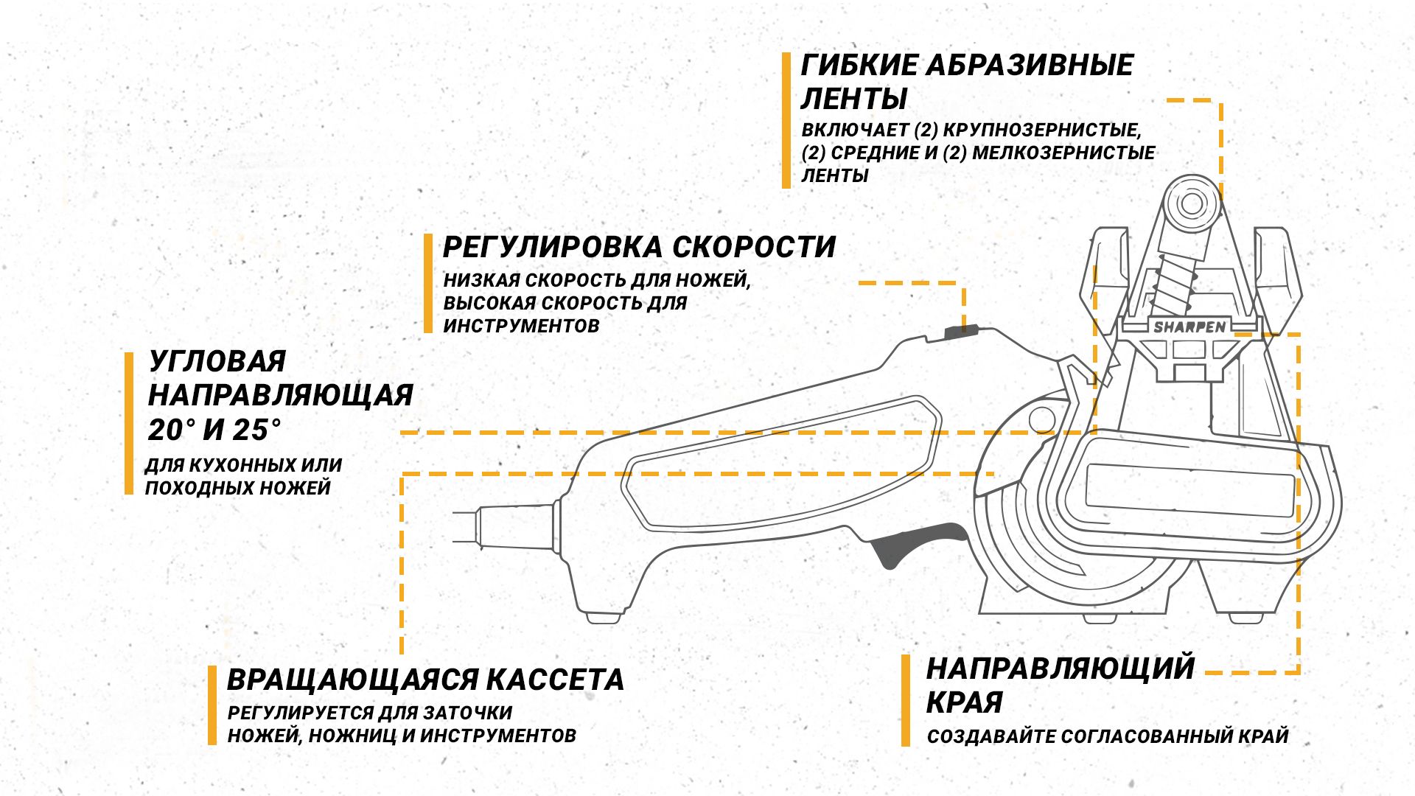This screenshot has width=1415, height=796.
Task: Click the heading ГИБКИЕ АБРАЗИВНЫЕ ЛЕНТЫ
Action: (x=967, y=81)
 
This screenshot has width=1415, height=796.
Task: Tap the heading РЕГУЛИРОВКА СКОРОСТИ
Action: (x=639, y=247)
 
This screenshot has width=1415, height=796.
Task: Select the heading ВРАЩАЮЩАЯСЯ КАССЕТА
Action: (x=425, y=680)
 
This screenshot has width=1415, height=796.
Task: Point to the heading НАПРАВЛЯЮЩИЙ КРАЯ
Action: (x=1060, y=685)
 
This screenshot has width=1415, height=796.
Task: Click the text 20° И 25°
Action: (x=214, y=430)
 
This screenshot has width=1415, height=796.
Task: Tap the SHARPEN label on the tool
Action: (x=1189, y=327)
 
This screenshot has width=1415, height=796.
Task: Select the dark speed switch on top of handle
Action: (x=961, y=331)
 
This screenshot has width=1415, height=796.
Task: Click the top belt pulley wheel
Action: (x=1190, y=203)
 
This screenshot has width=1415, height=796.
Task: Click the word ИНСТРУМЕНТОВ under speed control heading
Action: (x=521, y=326)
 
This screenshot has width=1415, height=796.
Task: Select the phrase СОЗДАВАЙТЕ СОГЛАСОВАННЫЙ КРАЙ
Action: (x=1108, y=736)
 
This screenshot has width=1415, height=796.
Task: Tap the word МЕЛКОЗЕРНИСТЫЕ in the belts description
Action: (x=1063, y=153)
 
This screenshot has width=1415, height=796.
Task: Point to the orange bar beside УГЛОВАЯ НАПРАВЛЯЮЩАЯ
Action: (x=129, y=423)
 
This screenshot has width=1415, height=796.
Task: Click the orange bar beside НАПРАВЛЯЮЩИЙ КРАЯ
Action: (x=906, y=701)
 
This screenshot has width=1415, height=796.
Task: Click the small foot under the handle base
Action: (x=604, y=618)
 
